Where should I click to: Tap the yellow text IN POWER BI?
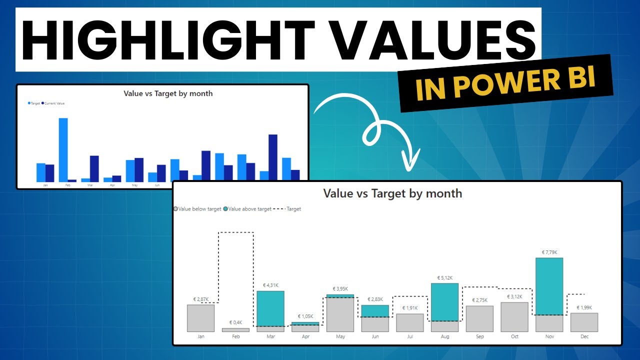[505, 83]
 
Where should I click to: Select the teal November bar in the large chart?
[549, 286]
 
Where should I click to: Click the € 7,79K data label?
[549, 252]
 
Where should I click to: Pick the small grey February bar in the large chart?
[235, 330]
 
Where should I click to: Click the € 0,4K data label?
[235, 322]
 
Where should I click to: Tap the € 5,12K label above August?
[444, 277]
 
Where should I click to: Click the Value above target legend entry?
[249, 209]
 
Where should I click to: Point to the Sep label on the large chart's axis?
[479, 336]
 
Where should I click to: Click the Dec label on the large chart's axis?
[584, 336]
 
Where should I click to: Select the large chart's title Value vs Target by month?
[392, 193]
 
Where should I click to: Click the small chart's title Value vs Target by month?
[168, 93]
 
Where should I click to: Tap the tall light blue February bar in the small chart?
[63, 149]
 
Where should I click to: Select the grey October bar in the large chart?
[514, 317]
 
